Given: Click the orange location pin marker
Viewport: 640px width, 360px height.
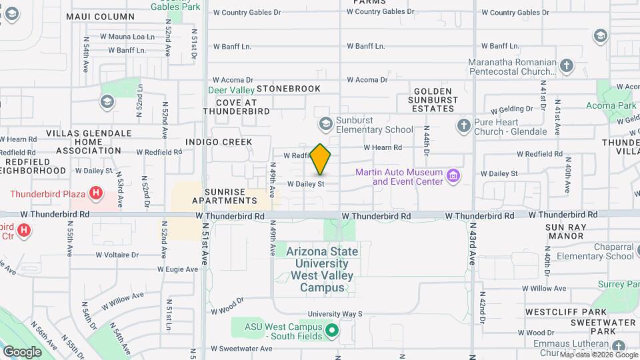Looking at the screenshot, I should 321,159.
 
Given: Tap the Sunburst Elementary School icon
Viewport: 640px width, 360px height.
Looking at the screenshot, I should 325,123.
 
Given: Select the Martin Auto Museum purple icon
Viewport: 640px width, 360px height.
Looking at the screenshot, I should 454,176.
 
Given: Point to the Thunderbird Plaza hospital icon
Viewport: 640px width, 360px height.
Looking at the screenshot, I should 96,194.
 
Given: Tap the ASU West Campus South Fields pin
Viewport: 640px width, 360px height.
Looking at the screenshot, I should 331,329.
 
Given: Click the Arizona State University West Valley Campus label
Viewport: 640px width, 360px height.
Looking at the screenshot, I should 322,269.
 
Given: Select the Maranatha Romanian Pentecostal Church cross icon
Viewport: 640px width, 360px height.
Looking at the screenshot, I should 567,65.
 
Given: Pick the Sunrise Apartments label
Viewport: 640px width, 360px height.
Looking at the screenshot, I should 224,196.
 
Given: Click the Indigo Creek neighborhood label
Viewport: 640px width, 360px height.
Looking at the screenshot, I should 219,142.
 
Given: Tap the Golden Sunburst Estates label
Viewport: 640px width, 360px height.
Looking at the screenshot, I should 433,99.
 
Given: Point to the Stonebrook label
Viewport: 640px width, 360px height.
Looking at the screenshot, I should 288,89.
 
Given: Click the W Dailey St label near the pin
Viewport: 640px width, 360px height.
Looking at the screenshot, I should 305,183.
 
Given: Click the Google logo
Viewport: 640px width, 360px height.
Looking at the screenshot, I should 22,352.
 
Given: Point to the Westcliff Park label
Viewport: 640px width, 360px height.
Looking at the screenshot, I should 565,312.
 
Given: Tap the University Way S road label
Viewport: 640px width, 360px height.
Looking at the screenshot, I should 335,313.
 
